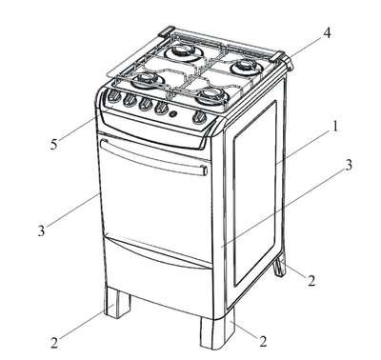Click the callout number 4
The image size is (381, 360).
coord(326,32)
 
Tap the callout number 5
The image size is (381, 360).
coord(54,145)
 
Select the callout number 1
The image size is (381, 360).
coord(333,127)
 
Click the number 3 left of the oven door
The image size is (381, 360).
coord(41,230)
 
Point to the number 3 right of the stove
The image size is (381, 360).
coord(349,165)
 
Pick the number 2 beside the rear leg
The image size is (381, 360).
coord(311,281)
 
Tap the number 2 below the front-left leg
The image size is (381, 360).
coord(54,343)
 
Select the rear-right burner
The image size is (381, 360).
coord(246,68)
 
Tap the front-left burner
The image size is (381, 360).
coord(147,79)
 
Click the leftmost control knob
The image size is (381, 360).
coord(113,96)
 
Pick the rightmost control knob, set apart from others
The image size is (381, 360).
coord(199,118)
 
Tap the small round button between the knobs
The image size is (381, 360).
coord(173,114)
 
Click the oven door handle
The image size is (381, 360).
coord(154,156)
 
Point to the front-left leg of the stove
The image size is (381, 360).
coord(117,302)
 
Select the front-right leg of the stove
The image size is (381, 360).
coord(217,331)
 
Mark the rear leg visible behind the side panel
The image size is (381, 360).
coord(280,266)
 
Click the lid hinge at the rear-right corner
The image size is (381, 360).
coord(283,59)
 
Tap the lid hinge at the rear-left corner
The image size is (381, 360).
coord(167,30)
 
